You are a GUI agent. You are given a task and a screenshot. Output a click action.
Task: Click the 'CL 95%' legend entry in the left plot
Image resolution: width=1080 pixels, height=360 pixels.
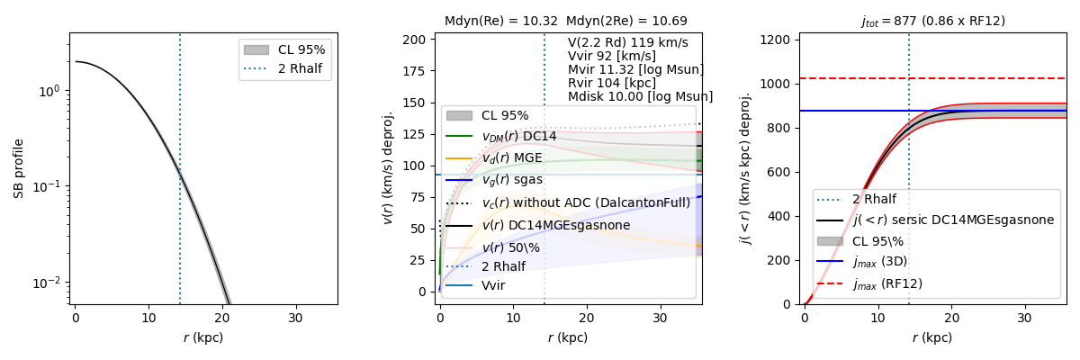[x=301, y=49]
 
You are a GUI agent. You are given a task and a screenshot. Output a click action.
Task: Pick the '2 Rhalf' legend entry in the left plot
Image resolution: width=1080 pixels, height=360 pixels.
[x=301, y=68]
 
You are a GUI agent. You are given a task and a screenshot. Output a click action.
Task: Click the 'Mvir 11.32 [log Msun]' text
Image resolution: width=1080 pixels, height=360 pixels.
[x=635, y=69]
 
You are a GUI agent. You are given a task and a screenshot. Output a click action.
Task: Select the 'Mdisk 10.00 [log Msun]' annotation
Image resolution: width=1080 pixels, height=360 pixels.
[x=640, y=96]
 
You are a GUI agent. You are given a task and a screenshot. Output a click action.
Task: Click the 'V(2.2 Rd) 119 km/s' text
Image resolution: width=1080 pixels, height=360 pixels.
[x=627, y=42]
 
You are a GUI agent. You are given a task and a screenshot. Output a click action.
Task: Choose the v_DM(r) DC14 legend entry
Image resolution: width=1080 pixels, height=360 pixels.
[x=518, y=136]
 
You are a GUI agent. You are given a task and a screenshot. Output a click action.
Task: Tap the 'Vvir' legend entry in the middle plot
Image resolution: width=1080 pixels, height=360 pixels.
[x=493, y=285]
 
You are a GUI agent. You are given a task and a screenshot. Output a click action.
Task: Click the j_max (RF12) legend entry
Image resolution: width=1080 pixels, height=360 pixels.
[x=886, y=283]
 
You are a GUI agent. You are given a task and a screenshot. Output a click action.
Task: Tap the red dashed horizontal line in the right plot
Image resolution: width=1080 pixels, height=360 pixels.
[x=990, y=78]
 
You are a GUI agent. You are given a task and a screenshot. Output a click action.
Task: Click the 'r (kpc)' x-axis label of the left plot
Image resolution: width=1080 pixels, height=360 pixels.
[x=203, y=337]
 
